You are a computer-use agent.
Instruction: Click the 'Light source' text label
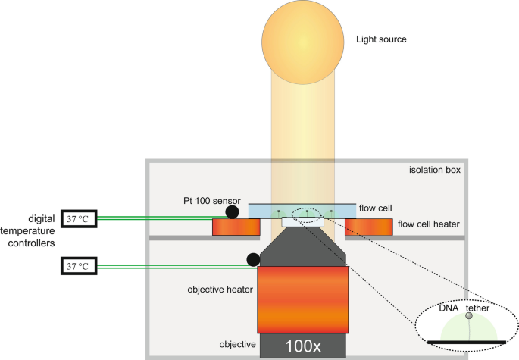382,39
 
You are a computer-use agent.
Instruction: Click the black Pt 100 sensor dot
231,211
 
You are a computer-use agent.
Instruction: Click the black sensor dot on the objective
252,260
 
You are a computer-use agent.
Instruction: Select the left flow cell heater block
236,227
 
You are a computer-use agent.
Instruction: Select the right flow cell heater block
369,227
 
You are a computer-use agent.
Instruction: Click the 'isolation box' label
435,170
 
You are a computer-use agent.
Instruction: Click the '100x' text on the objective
303,346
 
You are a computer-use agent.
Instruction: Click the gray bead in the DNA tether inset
469,317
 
